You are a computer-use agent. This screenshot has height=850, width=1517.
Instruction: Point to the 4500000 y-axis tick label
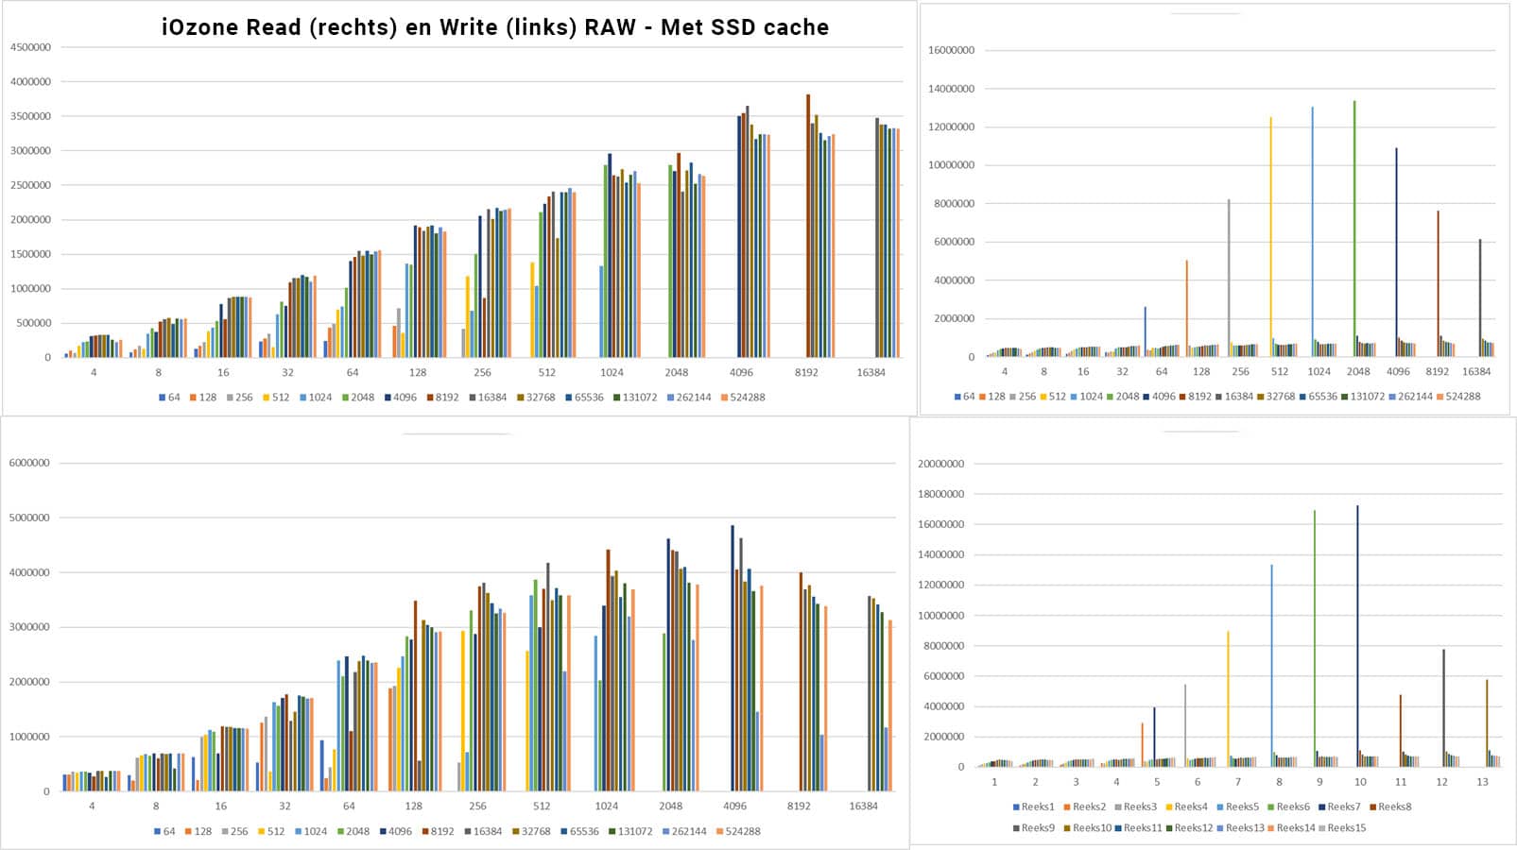(x=30, y=47)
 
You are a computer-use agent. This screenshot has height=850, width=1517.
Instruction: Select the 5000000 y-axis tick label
(x=28, y=518)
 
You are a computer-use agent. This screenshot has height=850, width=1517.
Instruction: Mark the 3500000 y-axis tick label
(x=30, y=116)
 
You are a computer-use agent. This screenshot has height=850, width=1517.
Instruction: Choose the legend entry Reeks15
(x=1346, y=827)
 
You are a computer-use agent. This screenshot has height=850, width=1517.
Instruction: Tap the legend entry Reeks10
(x=1091, y=827)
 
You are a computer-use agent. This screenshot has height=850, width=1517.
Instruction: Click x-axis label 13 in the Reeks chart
(x=1482, y=782)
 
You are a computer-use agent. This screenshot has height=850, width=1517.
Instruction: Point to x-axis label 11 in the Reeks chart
(x=1401, y=782)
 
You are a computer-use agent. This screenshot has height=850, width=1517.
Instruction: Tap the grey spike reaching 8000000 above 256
(x=1229, y=274)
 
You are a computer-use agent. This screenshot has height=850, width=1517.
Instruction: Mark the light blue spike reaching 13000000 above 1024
(x=1312, y=227)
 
